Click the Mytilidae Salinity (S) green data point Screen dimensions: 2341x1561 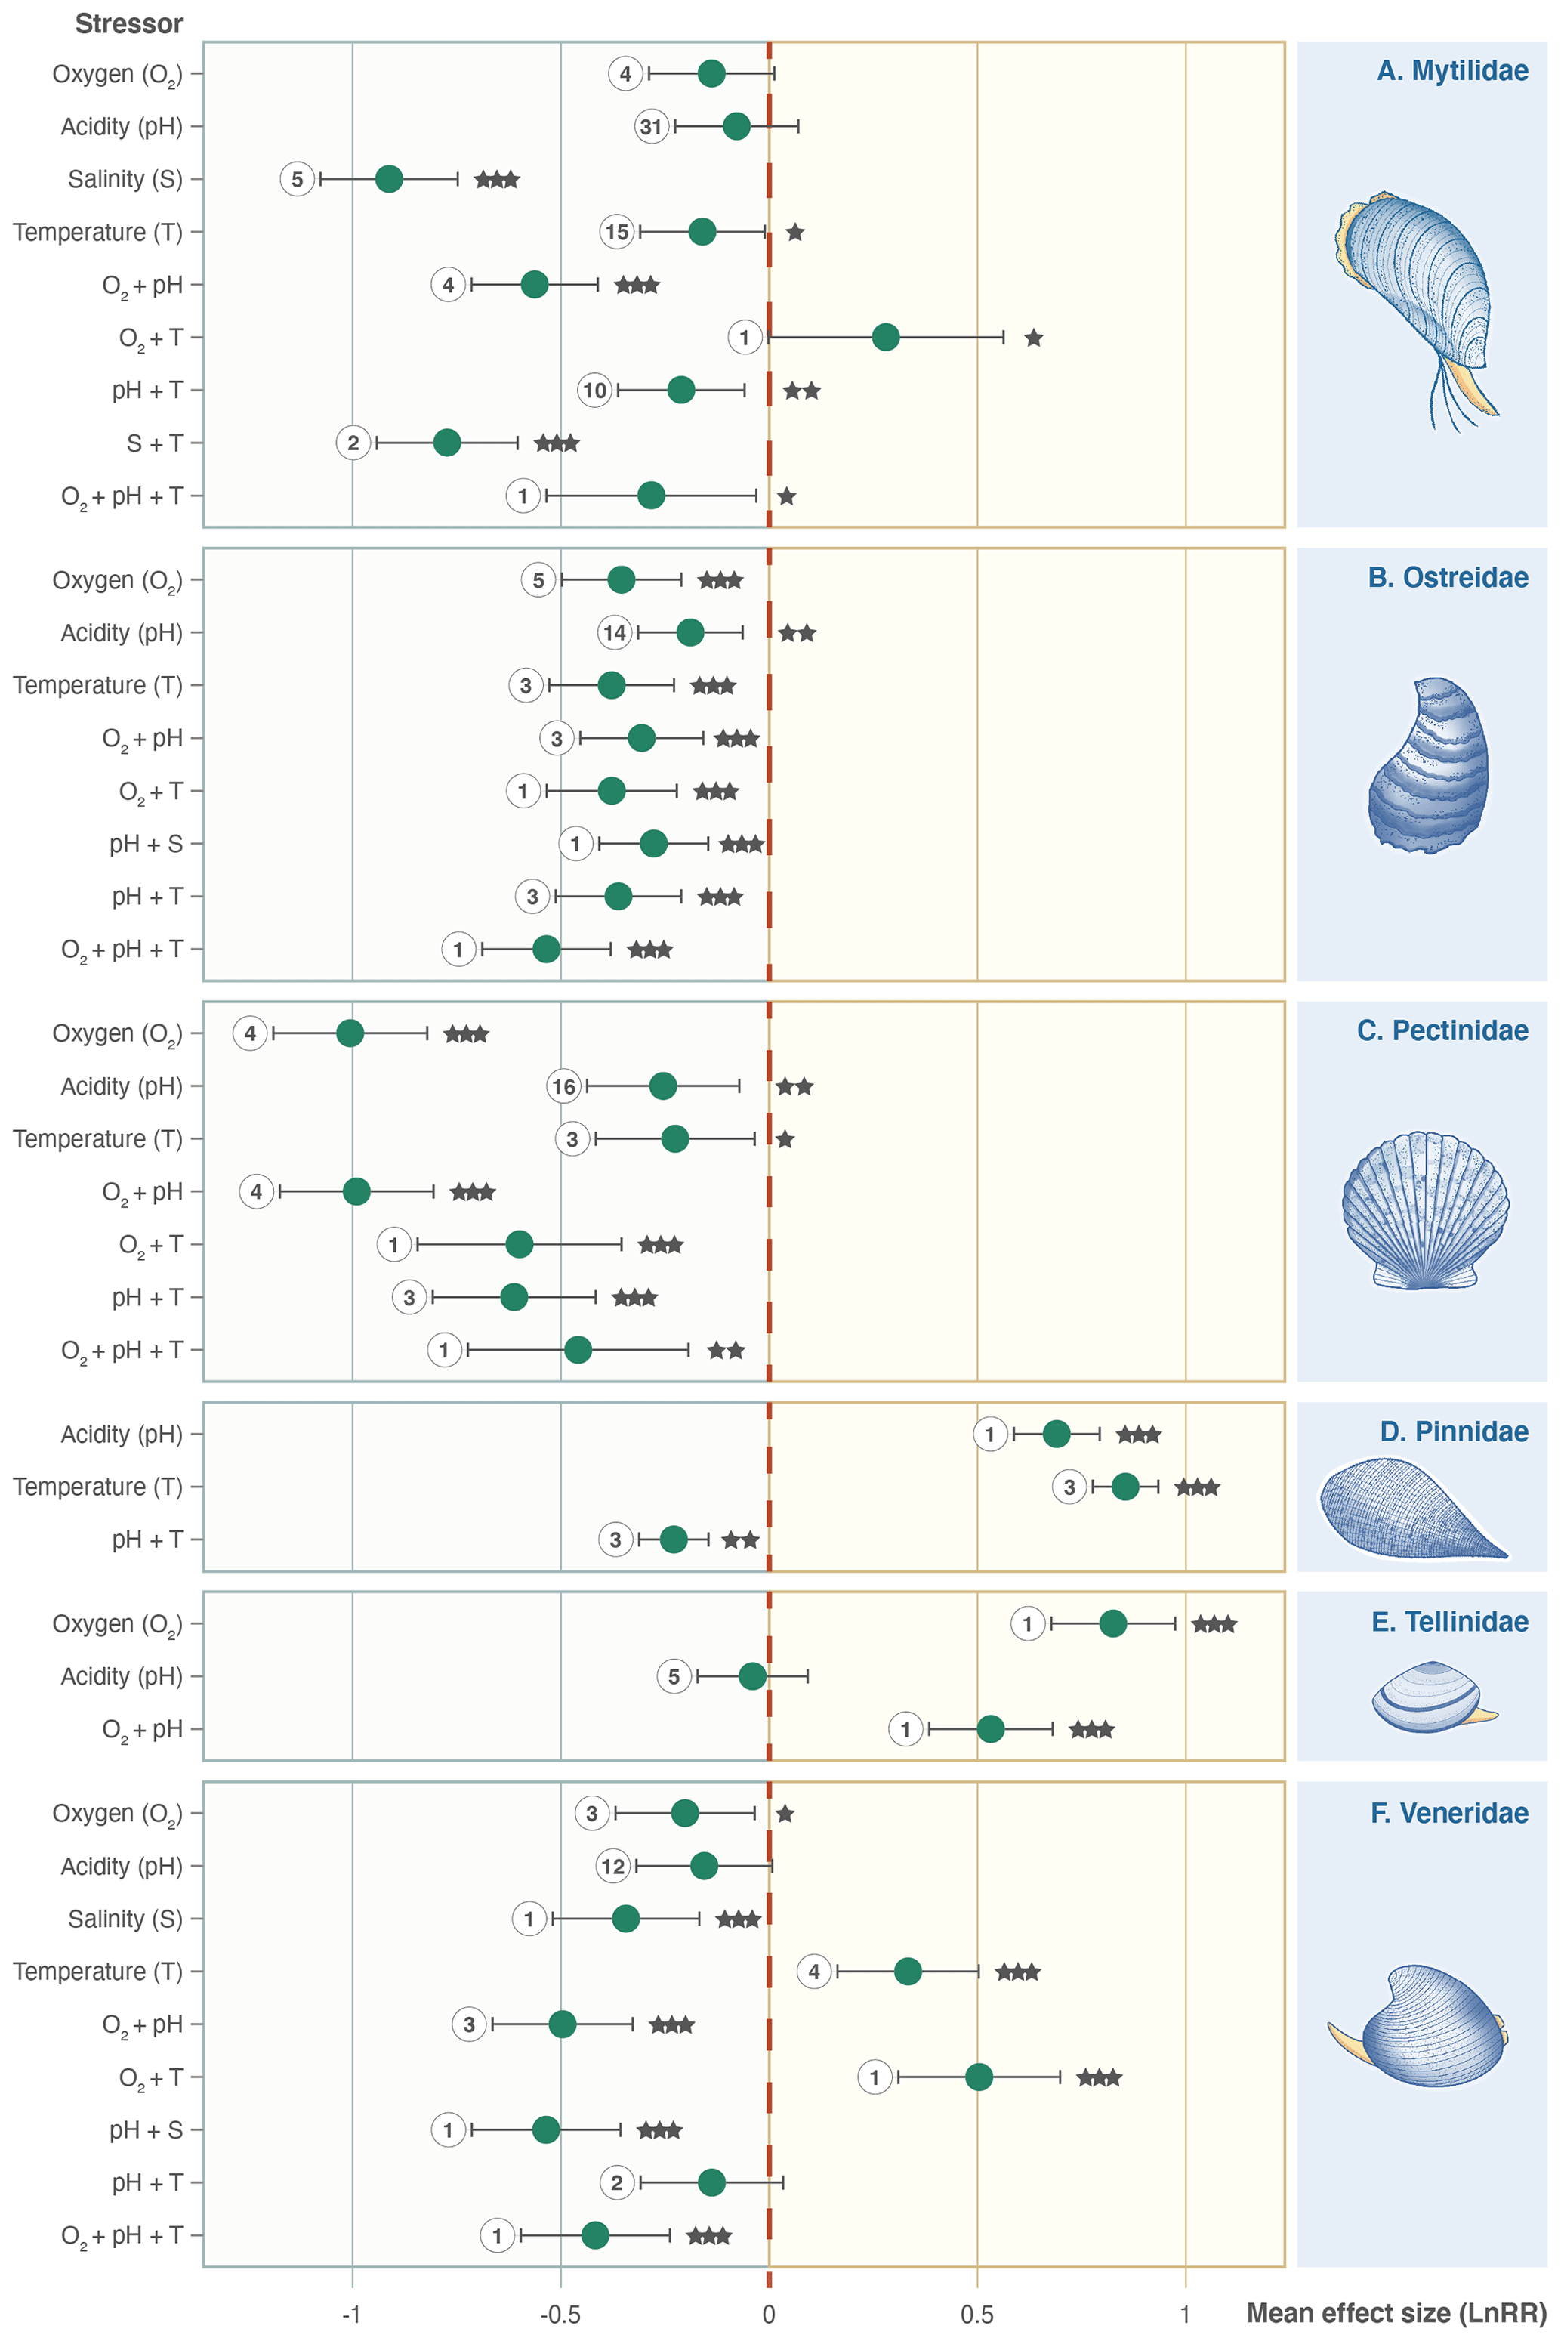389,179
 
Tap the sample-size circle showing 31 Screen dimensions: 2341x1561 651,126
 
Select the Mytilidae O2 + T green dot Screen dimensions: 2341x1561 885,338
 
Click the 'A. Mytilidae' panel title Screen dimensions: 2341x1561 1451,71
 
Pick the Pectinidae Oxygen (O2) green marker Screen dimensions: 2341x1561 350,1033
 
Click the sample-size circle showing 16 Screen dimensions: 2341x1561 563,1086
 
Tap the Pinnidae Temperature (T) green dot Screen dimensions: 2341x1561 1125,1487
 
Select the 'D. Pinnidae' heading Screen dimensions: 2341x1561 1454,1432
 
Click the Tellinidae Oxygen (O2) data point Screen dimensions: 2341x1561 1113,1624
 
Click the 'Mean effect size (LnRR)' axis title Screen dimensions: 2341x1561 1396,2313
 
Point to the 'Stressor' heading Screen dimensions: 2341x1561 128,24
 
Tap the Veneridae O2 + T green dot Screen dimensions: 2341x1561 979,2077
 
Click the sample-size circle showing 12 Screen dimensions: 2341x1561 612,1866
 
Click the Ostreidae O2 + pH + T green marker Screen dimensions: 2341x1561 545,949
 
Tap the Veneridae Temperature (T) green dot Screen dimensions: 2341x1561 907,1972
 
